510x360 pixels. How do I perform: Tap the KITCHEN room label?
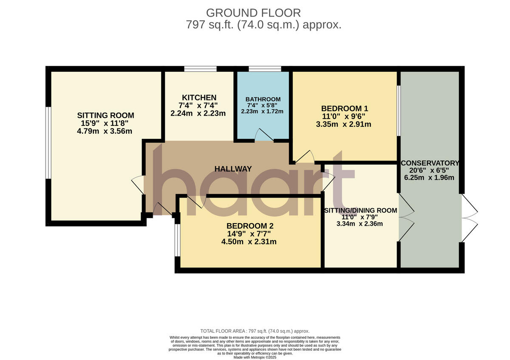(x=199, y=97)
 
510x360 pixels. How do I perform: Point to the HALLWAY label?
(x=233, y=169)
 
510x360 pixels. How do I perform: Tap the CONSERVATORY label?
(x=430, y=163)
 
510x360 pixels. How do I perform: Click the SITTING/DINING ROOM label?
(x=360, y=210)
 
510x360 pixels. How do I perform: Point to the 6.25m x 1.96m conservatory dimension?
(x=430, y=178)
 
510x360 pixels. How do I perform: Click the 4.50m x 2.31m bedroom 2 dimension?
(x=249, y=242)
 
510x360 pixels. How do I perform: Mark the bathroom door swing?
(x=263, y=135)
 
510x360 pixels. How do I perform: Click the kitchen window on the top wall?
(x=200, y=69)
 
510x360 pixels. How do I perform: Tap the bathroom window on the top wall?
(x=265, y=69)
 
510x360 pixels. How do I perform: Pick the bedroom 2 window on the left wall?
(x=177, y=240)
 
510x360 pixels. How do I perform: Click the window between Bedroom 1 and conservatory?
(x=399, y=111)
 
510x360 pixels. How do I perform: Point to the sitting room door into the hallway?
(x=139, y=185)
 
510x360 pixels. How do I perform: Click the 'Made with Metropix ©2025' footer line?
(x=255, y=357)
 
